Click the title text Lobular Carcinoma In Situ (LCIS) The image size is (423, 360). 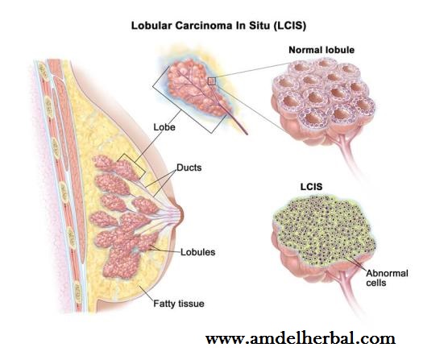pyautogui.click(x=218, y=26)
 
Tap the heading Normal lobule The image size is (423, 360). pyautogui.click(x=321, y=50)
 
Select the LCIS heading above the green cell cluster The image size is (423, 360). pyautogui.click(x=311, y=187)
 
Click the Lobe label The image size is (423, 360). pyautogui.click(x=164, y=127)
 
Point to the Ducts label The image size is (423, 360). pyautogui.click(x=189, y=168)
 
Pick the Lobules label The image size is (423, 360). pyautogui.click(x=197, y=252)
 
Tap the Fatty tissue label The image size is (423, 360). pyautogui.click(x=179, y=304)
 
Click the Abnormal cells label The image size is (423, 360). pyautogui.click(x=387, y=278)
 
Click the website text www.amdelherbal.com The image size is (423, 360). pyautogui.click(x=301, y=338)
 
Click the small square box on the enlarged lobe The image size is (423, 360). pyautogui.click(x=212, y=81)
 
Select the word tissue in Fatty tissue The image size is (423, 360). pyautogui.click(x=191, y=304)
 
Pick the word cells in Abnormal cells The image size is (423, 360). pyautogui.click(x=376, y=283)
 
